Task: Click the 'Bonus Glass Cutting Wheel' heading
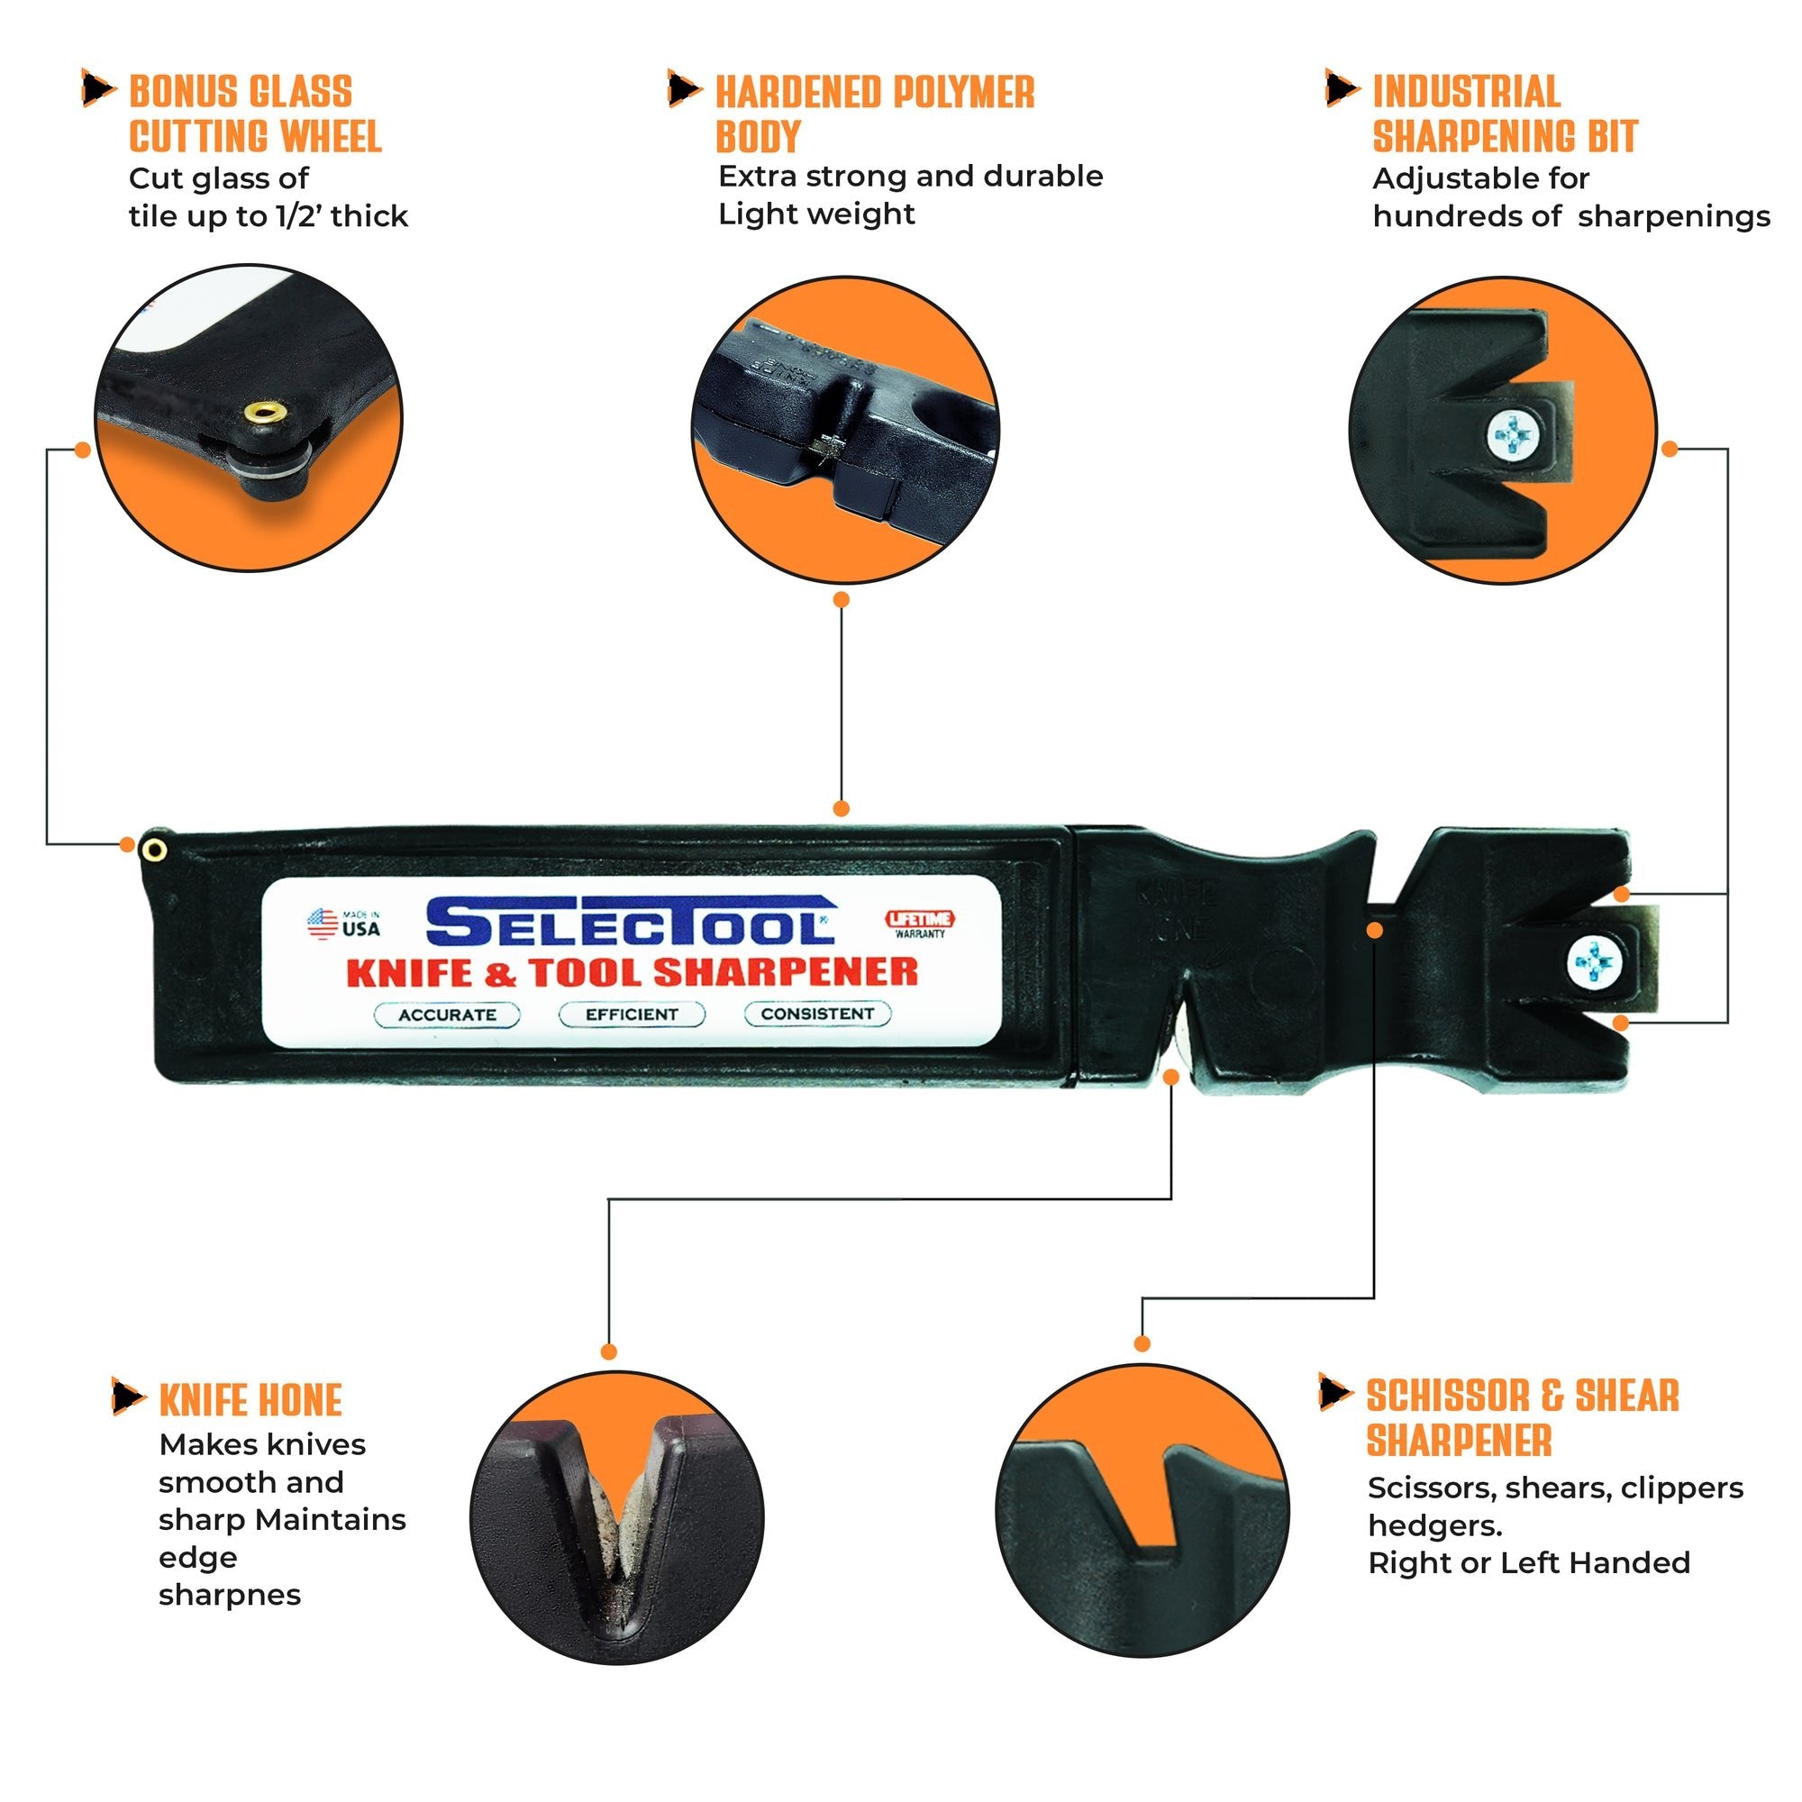click(x=254, y=114)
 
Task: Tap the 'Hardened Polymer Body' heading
click(x=873, y=114)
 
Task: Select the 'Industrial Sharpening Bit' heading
click(x=1504, y=114)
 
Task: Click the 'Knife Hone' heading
click(x=250, y=1401)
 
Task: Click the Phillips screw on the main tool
click(x=1596, y=962)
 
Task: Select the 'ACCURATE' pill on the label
click(x=447, y=1015)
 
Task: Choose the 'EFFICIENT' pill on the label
click(x=632, y=1014)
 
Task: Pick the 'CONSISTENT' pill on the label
click(x=817, y=1013)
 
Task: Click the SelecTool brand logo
click(x=631, y=923)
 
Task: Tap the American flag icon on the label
click(x=323, y=924)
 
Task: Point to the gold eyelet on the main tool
click(x=155, y=849)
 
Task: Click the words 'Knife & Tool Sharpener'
click(x=632, y=972)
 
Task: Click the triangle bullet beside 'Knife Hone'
click(x=127, y=1397)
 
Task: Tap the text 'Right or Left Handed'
click(x=1528, y=1562)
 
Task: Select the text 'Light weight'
click(x=816, y=214)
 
